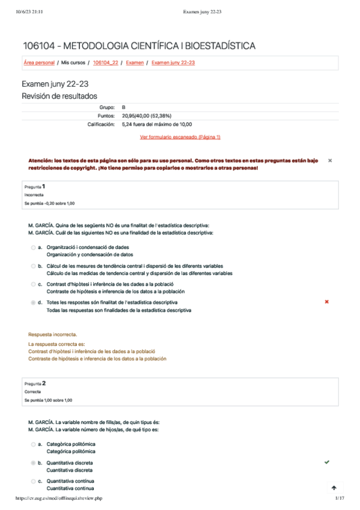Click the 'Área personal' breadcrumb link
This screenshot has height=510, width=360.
click(x=38, y=63)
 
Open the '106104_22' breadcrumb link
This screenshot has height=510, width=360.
click(x=106, y=63)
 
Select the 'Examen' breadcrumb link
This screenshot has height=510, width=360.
click(x=135, y=63)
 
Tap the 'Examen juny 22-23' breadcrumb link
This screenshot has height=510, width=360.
click(x=172, y=63)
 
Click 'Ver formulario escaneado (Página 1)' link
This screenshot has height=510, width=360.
click(x=180, y=137)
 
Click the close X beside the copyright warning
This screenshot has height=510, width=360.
click(x=330, y=161)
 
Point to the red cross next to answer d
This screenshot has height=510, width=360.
click(x=326, y=302)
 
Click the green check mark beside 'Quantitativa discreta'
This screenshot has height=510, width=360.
click(x=326, y=462)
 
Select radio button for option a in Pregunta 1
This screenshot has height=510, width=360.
click(x=32, y=247)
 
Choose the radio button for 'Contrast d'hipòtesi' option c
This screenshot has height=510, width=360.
click(x=32, y=284)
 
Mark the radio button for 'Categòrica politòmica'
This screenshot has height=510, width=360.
click(x=32, y=444)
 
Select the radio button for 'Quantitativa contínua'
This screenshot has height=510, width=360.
click(x=32, y=481)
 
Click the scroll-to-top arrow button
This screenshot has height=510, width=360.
click(x=334, y=488)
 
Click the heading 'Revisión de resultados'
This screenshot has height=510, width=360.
click(x=59, y=96)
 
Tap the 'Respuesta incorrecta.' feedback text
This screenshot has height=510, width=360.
click(x=52, y=334)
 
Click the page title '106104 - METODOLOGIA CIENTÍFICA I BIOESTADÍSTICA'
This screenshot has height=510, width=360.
click(x=139, y=46)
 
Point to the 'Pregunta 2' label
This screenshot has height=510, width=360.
click(x=35, y=383)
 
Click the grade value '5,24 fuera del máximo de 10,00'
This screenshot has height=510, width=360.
click(x=156, y=124)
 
